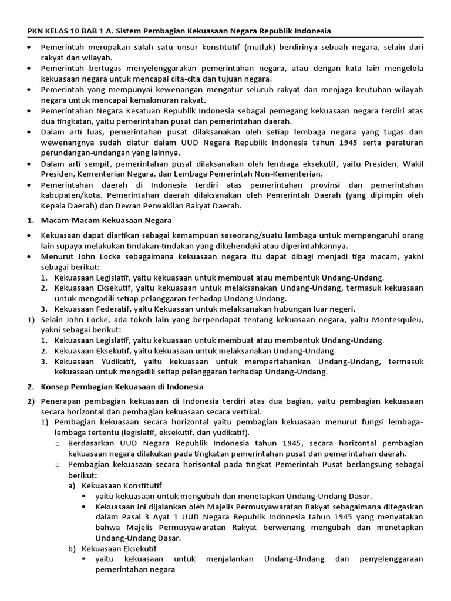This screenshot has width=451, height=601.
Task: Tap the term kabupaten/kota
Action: point(70,195)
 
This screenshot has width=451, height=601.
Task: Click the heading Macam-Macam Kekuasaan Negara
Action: point(106,220)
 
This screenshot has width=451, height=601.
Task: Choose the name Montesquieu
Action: point(390,319)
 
